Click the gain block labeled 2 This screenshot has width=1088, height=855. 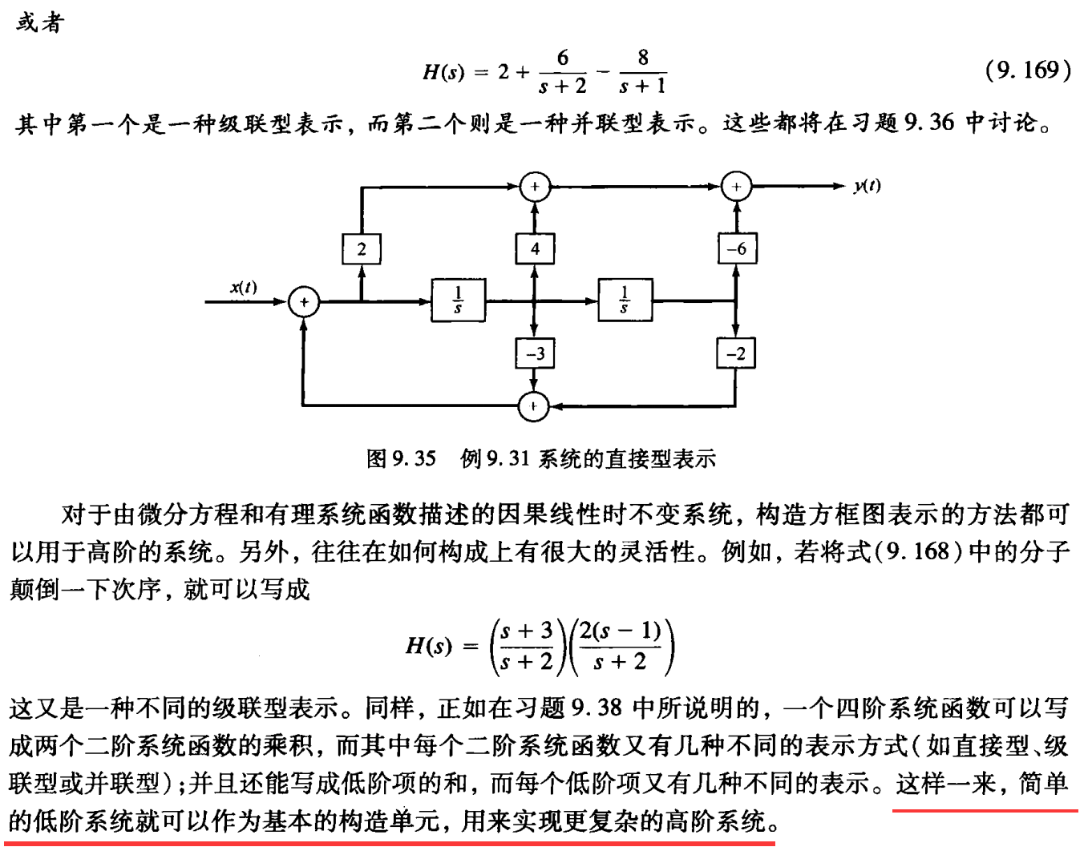362,248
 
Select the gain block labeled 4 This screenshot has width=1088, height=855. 535,248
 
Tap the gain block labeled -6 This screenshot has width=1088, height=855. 736,248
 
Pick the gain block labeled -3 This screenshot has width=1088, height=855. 535,353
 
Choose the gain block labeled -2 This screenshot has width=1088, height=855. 736,353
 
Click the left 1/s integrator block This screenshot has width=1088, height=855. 458,300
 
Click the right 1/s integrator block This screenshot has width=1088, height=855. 625,300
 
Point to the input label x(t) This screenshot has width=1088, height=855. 244,287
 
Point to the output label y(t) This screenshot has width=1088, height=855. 867,186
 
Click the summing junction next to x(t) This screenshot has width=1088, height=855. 304,302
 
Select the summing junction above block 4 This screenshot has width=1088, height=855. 535,187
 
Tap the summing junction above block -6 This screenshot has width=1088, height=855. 736,187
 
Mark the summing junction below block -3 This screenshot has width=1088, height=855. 534,406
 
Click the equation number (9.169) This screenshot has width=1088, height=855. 1028,71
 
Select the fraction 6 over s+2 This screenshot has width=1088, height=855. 563,72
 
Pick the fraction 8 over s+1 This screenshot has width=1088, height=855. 642,72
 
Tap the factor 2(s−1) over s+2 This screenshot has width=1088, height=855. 620,646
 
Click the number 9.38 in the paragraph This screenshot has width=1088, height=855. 597,708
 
